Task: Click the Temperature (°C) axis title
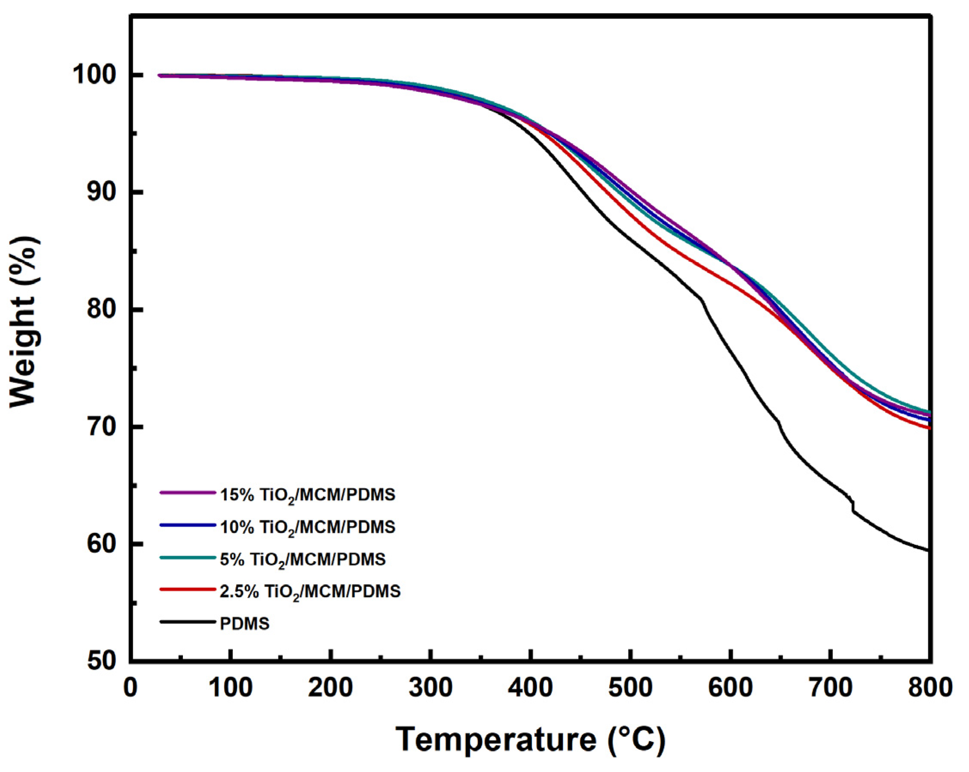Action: (x=530, y=739)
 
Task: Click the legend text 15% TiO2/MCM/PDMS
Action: (x=307, y=495)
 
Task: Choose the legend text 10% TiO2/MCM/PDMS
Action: (x=307, y=527)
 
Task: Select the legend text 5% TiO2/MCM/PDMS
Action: (x=303, y=559)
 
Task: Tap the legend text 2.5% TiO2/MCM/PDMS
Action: (x=310, y=591)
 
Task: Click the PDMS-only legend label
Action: (x=244, y=624)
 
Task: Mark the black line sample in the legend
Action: (x=188, y=622)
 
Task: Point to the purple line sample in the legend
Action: (x=188, y=492)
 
